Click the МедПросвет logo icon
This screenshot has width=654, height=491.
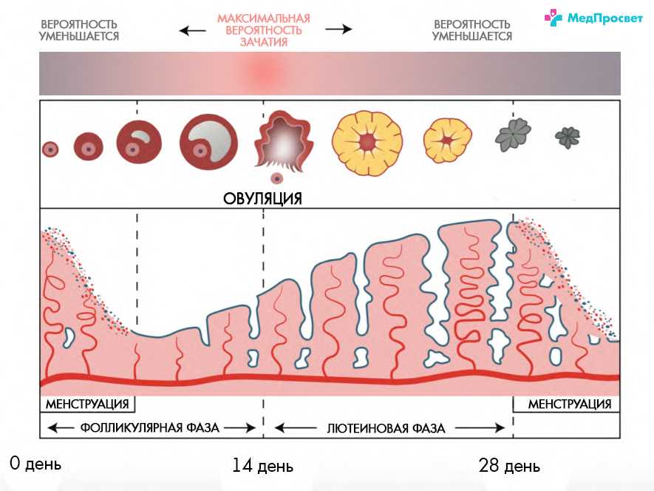pos(553,18)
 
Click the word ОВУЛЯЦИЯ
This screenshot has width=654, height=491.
pos(262,198)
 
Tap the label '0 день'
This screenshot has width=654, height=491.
pos(35,464)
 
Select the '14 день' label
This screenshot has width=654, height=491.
pos(263,466)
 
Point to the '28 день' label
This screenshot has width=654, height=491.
pos(509,466)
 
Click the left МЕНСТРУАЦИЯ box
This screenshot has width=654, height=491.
pos(88,404)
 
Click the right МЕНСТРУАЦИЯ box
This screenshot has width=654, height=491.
pos(566,404)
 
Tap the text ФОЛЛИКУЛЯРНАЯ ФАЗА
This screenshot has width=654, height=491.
pos(150,427)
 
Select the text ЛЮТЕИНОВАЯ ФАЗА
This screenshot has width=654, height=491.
pos(386,428)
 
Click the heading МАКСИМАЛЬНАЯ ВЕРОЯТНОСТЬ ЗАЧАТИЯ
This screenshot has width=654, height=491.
pos(264,30)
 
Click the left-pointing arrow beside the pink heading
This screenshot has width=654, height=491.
pos(193,30)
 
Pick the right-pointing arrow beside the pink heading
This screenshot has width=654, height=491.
pos(338,29)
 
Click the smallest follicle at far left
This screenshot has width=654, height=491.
pos(50,149)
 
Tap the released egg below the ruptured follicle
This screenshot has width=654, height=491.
pos(276,178)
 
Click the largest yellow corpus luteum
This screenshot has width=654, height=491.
pos(367,143)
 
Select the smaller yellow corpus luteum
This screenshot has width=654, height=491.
pos(448,140)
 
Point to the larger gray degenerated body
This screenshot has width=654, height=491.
pos(513,135)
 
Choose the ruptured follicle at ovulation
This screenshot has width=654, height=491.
pos(284,141)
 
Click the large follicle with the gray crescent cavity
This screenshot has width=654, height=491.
pos(208,142)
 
